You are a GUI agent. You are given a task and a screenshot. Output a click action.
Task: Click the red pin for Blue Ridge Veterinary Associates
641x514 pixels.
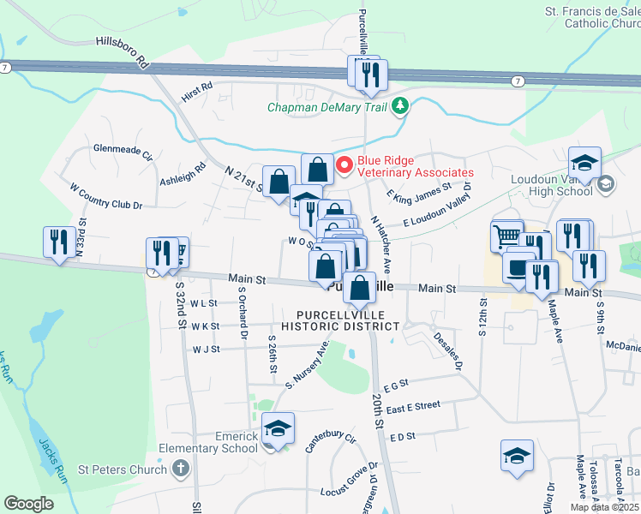pyautogui.click(x=344, y=165)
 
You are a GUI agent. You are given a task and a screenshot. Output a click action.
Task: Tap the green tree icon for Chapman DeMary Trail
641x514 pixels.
pyautogui.click(x=400, y=107)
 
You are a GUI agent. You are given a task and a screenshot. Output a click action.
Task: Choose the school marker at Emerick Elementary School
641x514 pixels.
pyautogui.click(x=278, y=427)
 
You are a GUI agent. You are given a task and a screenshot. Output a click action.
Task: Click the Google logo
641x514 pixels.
pyautogui.click(x=29, y=503)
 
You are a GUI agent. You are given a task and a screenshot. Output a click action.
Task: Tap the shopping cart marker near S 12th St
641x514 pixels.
pyautogui.click(x=506, y=235)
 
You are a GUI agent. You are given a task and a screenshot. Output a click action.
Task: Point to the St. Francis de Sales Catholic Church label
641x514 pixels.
pyautogui.click(x=593, y=17)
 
